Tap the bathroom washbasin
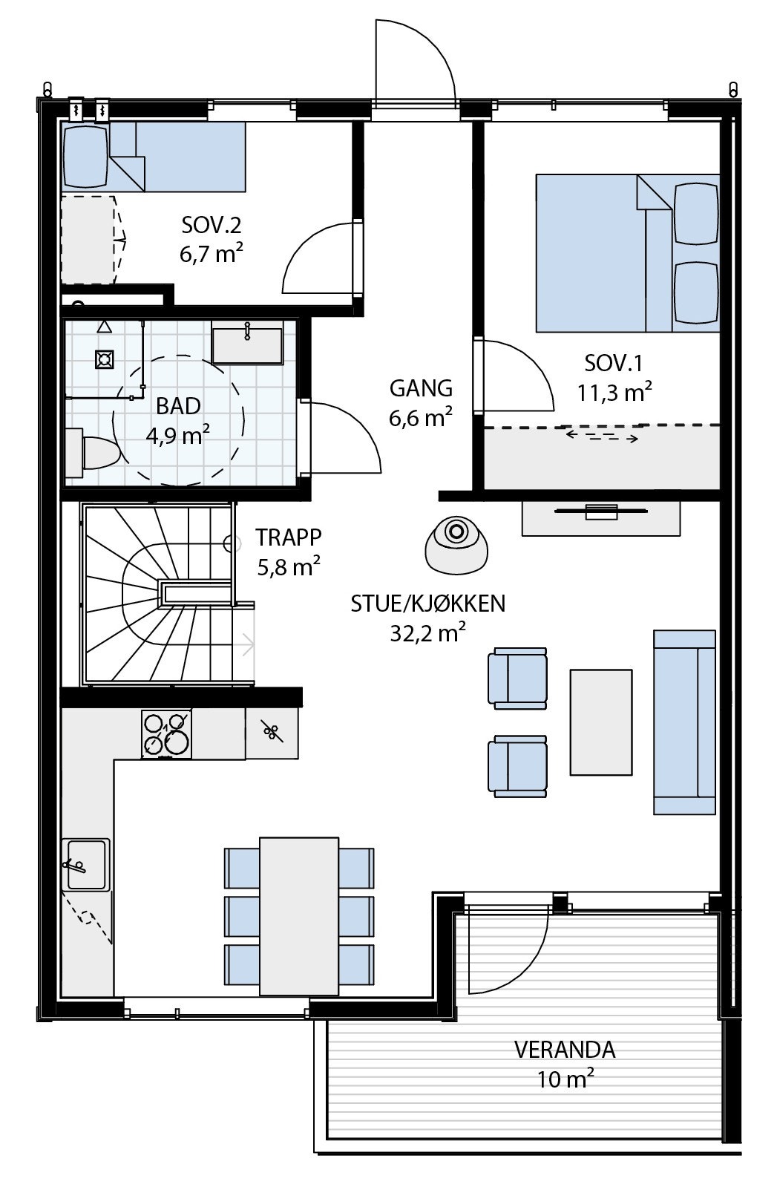point(246,344)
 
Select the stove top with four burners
point(165,734)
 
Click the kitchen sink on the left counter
point(87,864)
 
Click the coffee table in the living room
point(601,722)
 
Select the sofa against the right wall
point(684,722)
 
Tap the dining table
point(299,915)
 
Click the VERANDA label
point(565,1050)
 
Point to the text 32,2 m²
point(428,632)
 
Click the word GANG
point(421,388)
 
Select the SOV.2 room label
point(212,223)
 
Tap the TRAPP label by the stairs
point(288,537)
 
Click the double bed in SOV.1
point(627,252)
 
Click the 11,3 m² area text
point(615,392)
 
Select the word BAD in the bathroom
point(178,406)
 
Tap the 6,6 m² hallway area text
point(421,418)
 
